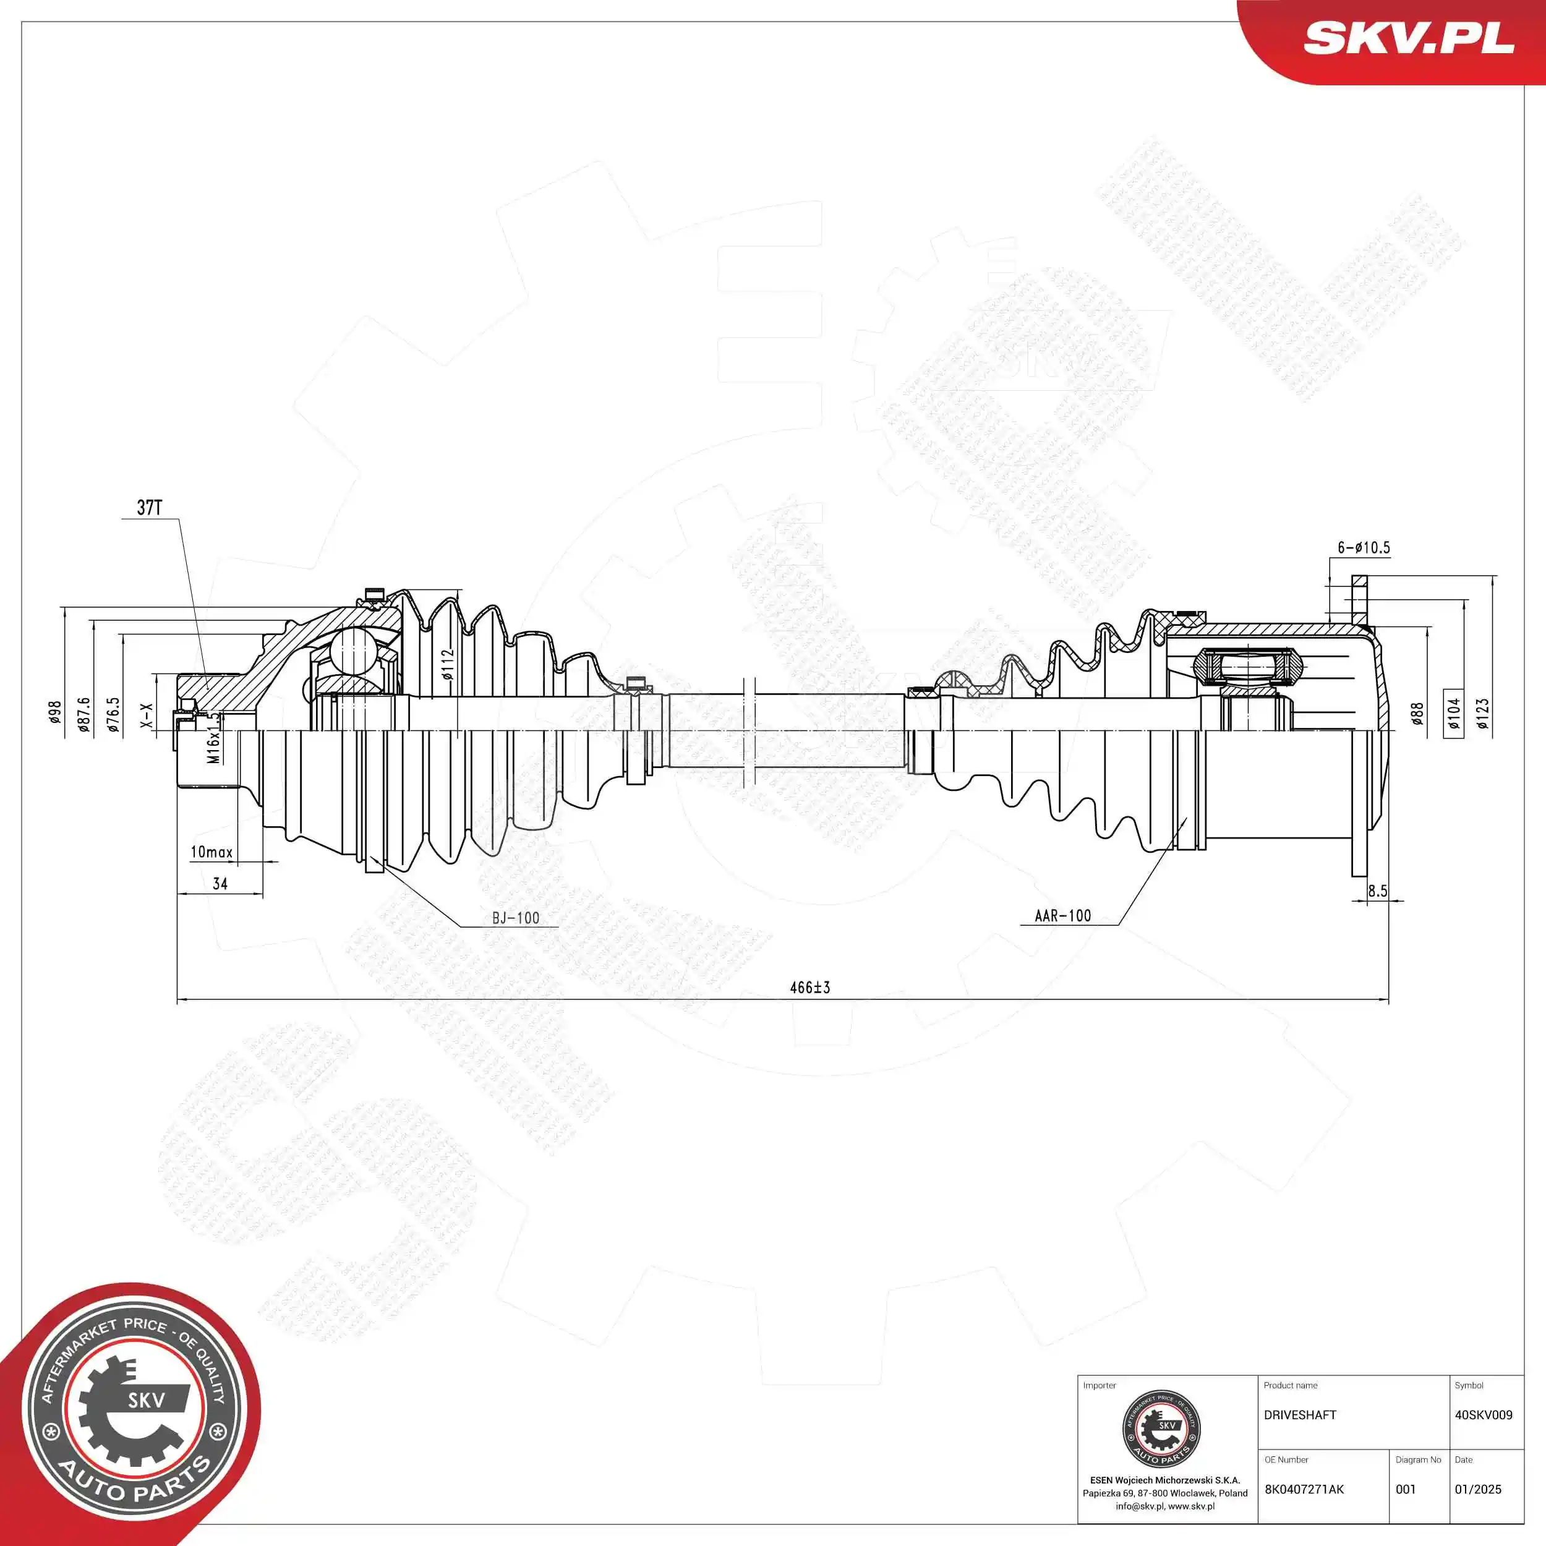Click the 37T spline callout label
pos(150,507)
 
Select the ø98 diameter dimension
pos(54,712)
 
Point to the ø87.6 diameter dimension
pos(84,715)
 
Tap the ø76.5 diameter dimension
pos(114,715)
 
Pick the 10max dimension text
pos(211,852)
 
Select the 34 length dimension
pos(220,884)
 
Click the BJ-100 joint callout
pos(515,918)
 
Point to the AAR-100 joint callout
pos(1062,915)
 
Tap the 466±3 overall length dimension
pos(810,988)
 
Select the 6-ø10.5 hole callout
pos(1364,547)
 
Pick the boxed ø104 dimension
pos(1453,713)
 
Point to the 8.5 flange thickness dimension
pos(1377,890)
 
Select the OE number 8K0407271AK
pos(1304,1489)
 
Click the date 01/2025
pos(1477,1489)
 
